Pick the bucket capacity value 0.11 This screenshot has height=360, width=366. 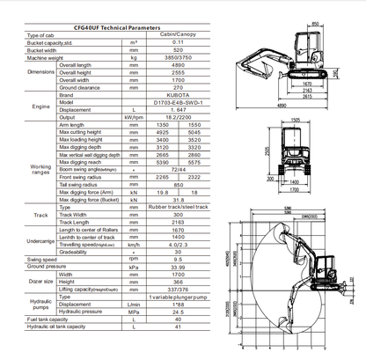(x=179, y=43)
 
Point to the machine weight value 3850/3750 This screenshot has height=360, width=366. (x=179, y=58)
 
